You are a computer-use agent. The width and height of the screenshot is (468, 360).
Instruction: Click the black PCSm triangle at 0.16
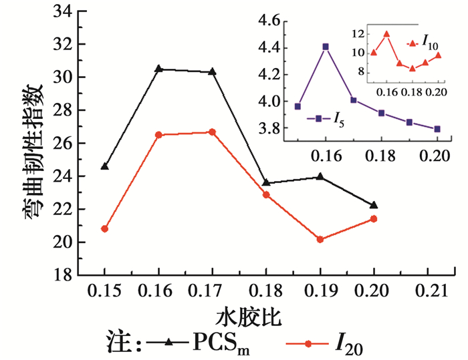click(158, 68)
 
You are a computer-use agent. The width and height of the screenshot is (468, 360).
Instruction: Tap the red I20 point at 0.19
click(320, 239)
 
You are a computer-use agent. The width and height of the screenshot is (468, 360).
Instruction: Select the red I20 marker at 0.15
click(105, 228)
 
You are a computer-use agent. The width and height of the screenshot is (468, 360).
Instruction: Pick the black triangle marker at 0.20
click(374, 204)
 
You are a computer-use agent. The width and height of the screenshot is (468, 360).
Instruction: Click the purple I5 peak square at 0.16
click(326, 47)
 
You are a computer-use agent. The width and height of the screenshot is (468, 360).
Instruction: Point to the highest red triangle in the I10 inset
click(386, 34)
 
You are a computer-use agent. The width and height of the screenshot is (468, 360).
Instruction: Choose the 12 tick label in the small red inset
click(359, 34)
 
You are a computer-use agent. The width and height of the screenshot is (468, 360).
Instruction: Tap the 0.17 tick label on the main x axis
click(212, 293)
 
